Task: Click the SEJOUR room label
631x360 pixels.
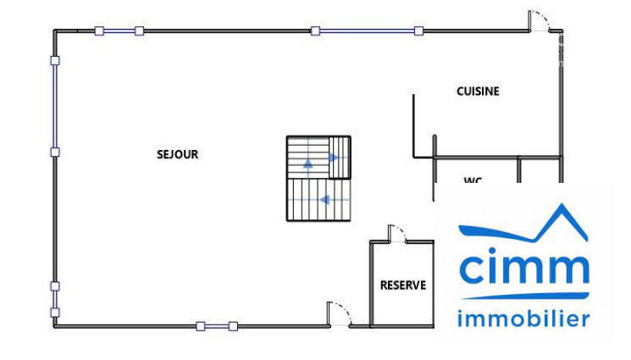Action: [x=177, y=154]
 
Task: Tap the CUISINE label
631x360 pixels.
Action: [x=478, y=91]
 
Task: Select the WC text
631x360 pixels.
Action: [x=473, y=180]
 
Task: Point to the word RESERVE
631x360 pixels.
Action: [x=402, y=285]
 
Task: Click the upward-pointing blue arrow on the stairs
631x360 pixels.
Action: [x=308, y=163]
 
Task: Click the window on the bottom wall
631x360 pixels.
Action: [x=217, y=326]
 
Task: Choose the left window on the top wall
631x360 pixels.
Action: [x=119, y=31]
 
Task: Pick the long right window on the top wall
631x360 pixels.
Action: [x=367, y=31]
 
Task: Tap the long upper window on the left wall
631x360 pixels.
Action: [x=55, y=106]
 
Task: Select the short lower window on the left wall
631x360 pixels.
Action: [x=55, y=299]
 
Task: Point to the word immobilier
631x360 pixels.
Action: [x=523, y=319]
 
